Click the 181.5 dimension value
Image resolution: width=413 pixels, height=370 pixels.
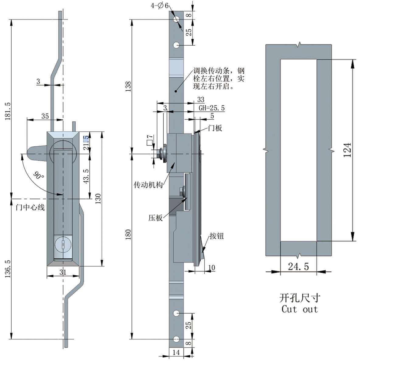coord(8,111)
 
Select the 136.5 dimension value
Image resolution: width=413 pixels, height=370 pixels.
coord(8,268)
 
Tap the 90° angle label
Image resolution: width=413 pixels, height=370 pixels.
coord(38,176)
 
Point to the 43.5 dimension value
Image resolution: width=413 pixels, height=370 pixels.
coord(86,176)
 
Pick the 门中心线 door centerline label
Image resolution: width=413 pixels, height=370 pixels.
coord(30,208)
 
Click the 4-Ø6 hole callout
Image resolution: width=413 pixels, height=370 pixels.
coord(159,5)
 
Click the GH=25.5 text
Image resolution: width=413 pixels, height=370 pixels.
coord(212,108)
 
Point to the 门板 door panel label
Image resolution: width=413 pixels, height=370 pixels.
coord(215,128)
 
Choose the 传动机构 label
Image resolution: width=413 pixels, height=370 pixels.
coord(148,185)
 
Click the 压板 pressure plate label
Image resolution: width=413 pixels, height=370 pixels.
coord(155,218)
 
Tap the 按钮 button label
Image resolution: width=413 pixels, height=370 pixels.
coord(217,236)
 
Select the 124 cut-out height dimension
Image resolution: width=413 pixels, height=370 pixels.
coord(347,150)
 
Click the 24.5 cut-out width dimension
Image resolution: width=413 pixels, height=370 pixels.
coord(298,267)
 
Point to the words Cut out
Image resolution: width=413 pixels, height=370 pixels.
coord(300,309)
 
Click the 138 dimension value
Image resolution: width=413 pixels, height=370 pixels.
coord(128,86)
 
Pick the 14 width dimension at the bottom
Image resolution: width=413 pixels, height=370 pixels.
coord(176,352)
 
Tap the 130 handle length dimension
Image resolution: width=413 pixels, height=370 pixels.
coord(98,199)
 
